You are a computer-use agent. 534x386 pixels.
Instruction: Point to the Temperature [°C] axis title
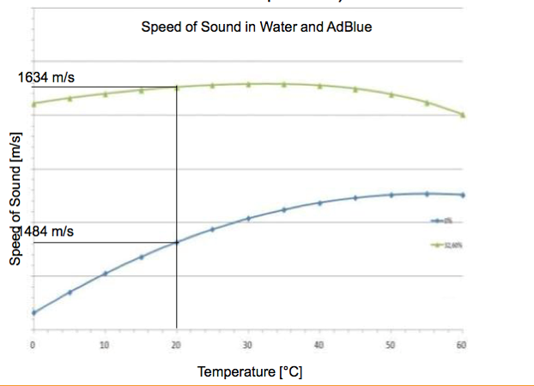[x=250, y=372]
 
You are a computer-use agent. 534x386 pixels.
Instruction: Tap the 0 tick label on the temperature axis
[x=33, y=345]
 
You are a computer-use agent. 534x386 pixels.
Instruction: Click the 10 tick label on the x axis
[x=105, y=345]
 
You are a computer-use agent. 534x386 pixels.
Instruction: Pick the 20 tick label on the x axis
[x=177, y=345]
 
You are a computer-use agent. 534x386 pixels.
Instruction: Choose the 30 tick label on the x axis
[x=248, y=345]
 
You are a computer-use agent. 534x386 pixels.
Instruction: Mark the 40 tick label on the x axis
[x=319, y=345]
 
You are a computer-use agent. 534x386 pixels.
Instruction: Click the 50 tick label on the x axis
[x=391, y=345]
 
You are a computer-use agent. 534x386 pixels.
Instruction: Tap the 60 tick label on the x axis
[x=463, y=345]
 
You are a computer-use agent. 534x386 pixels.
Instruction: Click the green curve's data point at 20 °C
[x=177, y=87]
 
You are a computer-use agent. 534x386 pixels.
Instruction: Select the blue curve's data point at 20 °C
[x=177, y=242]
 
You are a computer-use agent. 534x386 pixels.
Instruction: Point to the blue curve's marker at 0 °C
[x=33, y=312]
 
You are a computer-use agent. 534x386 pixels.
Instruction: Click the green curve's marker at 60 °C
[x=463, y=114]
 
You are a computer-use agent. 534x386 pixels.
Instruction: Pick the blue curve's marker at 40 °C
[x=319, y=202]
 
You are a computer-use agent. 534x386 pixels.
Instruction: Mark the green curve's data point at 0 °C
[x=33, y=104]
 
